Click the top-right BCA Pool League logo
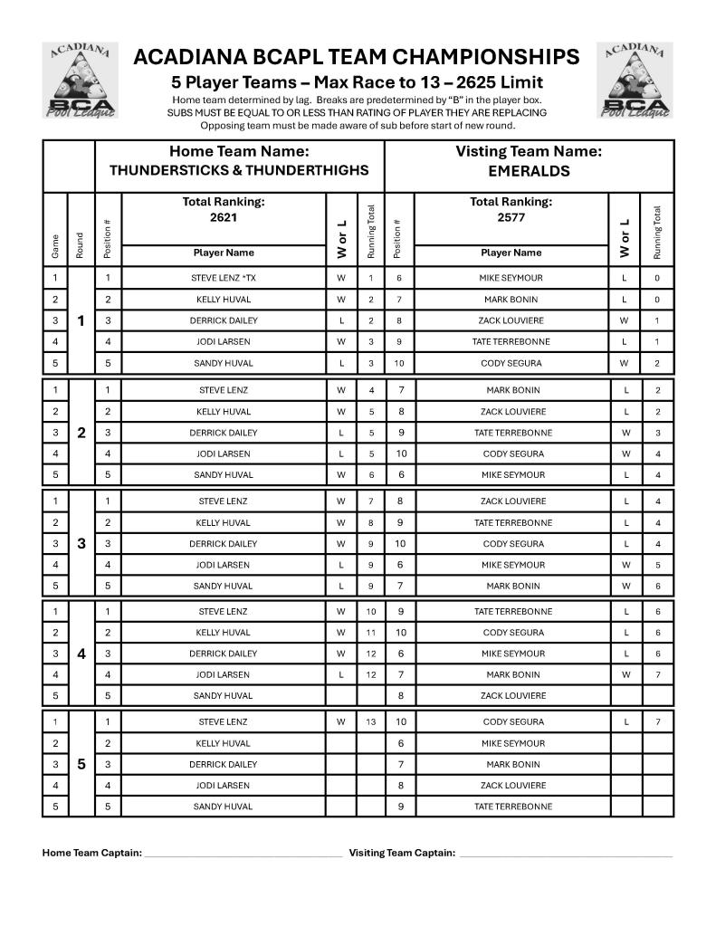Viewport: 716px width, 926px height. point(635,81)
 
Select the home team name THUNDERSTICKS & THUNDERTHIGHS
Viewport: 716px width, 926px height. point(239,170)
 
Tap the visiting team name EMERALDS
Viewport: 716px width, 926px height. point(529,170)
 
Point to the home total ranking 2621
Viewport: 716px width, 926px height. point(223,217)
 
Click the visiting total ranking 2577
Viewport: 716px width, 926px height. point(511,217)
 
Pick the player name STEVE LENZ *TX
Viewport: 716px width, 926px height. point(223,278)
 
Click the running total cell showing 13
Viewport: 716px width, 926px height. point(370,722)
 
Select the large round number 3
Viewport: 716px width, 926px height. point(81,543)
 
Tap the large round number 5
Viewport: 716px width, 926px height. point(81,764)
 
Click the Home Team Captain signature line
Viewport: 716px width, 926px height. point(243,854)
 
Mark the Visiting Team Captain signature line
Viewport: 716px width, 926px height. point(565,854)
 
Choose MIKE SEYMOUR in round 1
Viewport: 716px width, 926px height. point(511,278)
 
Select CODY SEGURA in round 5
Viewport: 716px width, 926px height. point(511,722)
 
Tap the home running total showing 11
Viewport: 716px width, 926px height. point(370,633)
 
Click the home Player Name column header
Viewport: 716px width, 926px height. point(223,253)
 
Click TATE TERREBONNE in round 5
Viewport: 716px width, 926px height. point(511,807)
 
